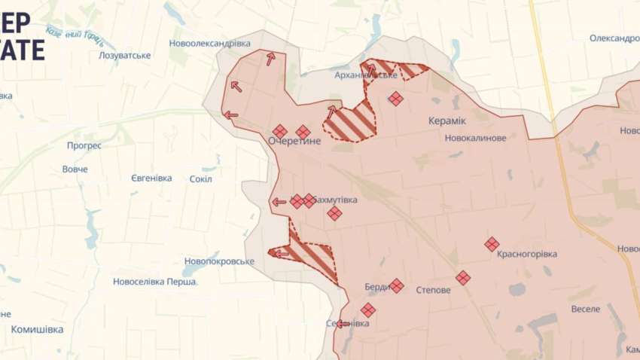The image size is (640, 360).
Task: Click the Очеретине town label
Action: pos(294,142)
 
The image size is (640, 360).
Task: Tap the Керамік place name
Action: pos(447,121)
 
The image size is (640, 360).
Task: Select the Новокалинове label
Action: pos(475,139)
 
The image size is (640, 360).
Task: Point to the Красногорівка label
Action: pos(527,255)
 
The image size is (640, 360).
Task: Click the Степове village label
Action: pos(433,289)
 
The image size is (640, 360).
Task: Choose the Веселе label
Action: pos(586,310)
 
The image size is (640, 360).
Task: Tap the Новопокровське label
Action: pos(218,262)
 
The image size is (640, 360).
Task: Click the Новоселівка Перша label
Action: pos(155,282)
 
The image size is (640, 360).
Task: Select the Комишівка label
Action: pos(38,329)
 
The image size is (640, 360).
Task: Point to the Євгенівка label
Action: pos(142,178)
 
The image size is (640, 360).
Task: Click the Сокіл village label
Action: pos(201,179)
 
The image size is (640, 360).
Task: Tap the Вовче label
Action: pos(75,169)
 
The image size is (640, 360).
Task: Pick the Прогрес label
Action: pos(84,145)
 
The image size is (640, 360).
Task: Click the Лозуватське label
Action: pos(125,56)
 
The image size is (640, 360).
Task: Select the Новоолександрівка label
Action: pos(210,44)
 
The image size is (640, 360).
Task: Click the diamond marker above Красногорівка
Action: pos(492,244)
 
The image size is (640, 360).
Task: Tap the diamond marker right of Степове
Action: pos(463,278)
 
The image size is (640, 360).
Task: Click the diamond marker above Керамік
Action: pos(396,99)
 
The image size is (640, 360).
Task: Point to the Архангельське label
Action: pos(366,75)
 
